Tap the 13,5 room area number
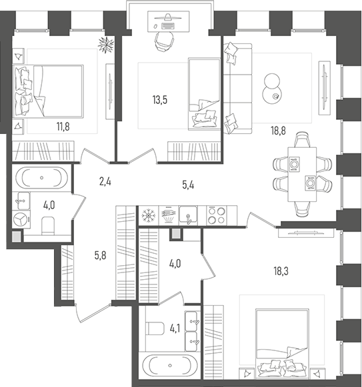click(x=159, y=101)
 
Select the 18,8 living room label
click(x=278, y=131)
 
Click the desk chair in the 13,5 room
click(x=163, y=41)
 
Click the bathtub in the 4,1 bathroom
click(x=170, y=366)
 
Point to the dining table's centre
click(x=301, y=173)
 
